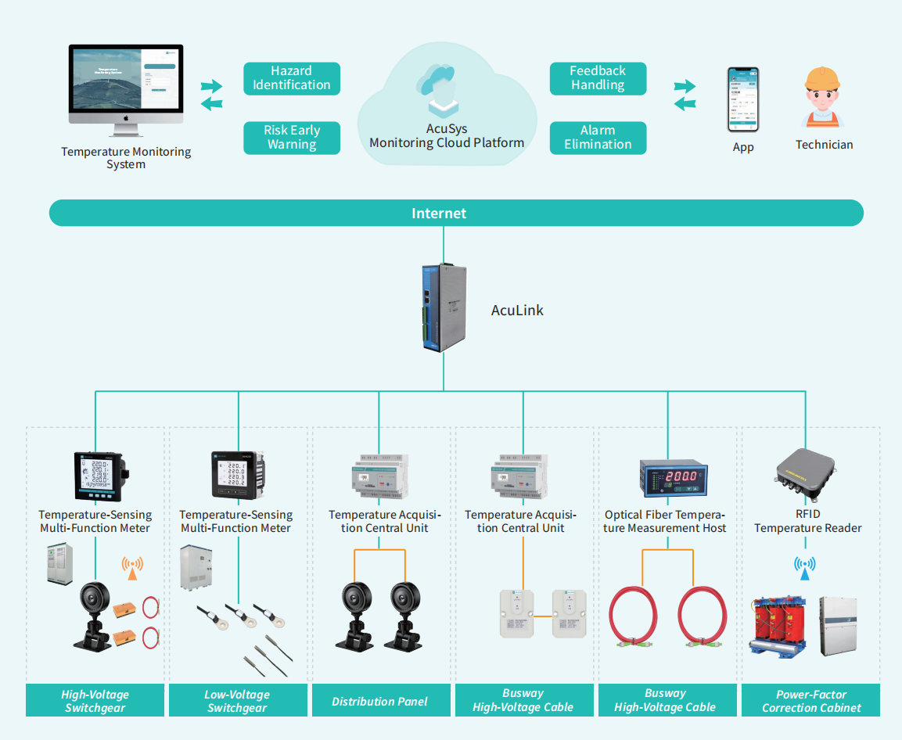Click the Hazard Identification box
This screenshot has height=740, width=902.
pos(292,78)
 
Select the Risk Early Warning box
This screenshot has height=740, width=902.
pos(292,138)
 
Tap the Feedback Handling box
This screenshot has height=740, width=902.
pos(598,78)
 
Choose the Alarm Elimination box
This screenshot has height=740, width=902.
pos(598,138)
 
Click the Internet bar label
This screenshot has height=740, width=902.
pos(439,214)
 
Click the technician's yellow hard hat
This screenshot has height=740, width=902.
pos(823,79)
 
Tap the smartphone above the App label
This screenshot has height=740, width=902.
pos(742,99)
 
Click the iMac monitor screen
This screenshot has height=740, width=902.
pos(125,81)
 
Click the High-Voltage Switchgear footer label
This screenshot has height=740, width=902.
pos(95,701)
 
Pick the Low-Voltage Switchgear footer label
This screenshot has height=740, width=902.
pos(237,701)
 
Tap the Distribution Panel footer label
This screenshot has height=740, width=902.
pos(379,702)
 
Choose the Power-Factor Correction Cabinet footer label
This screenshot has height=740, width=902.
pos(811,701)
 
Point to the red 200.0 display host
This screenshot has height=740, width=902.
pos(668,477)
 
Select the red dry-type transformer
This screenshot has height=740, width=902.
pos(778,627)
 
